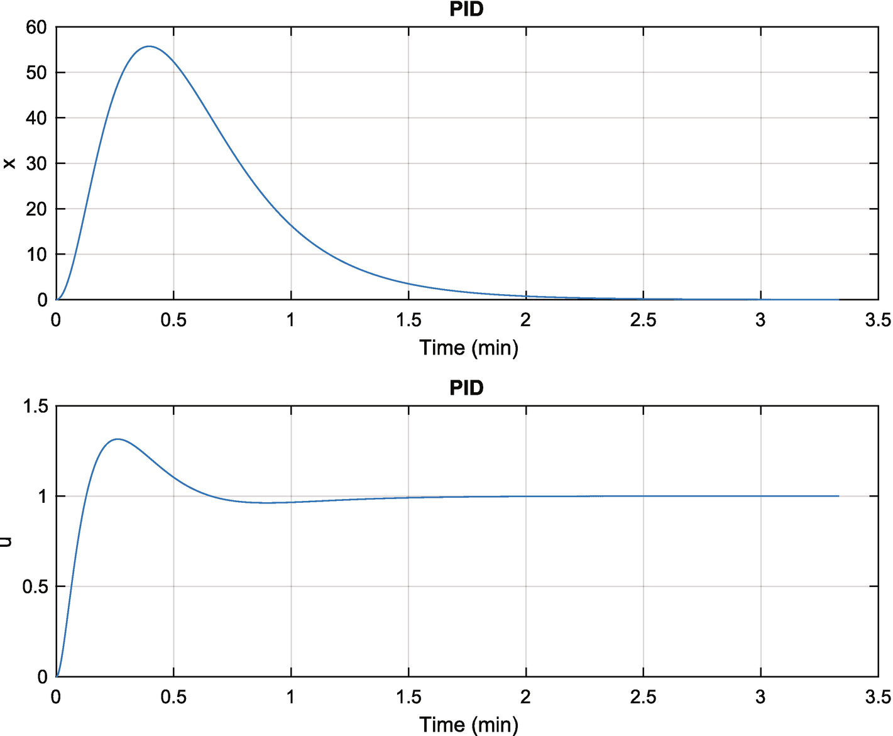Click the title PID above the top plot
[466, 9]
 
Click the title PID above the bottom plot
[466, 388]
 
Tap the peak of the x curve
[149, 47]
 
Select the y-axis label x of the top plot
[9, 163]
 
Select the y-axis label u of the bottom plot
[7, 541]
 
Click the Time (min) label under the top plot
[469, 348]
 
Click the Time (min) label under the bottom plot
[469, 725]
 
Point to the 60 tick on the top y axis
[36, 27]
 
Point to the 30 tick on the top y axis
[36, 163]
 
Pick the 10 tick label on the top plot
[36, 255]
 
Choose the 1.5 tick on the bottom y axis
[35, 406]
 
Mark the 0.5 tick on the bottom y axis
[35, 586]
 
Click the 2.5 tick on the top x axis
[643, 321]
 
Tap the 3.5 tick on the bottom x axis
[877, 697]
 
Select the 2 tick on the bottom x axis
[525, 697]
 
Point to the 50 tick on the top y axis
[36, 72]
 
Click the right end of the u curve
[838, 496]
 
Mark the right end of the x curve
[838, 300]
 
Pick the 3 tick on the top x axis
[760, 321]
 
